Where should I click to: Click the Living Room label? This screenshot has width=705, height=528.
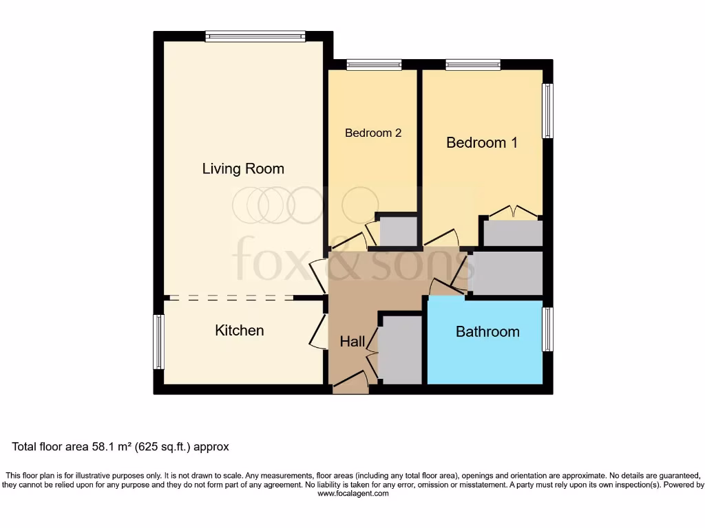tap(243, 168)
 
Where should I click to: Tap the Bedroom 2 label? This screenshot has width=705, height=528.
tap(373, 133)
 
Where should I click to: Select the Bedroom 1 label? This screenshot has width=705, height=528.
tap(482, 142)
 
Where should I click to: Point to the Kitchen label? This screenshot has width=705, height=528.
tap(240, 330)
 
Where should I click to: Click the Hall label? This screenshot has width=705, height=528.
tap(352, 341)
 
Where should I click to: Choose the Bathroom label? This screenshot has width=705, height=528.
tap(487, 331)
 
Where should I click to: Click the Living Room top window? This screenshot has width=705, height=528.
tap(255, 36)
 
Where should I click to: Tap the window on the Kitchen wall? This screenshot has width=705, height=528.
tap(158, 342)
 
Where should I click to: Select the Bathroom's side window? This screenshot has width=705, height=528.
tap(548, 329)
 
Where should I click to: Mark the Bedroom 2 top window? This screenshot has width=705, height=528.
tap(373, 65)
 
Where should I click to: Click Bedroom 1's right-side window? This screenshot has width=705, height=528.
tap(548, 111)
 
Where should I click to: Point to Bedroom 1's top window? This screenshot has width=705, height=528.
tap(473, 65)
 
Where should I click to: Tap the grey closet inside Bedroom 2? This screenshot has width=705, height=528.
tap(399, 231)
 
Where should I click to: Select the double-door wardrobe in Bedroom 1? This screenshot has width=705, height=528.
tap(513, 232)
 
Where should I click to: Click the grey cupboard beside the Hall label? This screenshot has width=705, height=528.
tap(400, 349)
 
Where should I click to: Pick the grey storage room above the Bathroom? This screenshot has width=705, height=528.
tap(507, 273)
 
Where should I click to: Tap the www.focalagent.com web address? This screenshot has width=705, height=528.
tap(352, 493)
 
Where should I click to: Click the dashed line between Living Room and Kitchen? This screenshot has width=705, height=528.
tap(231, 298)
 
